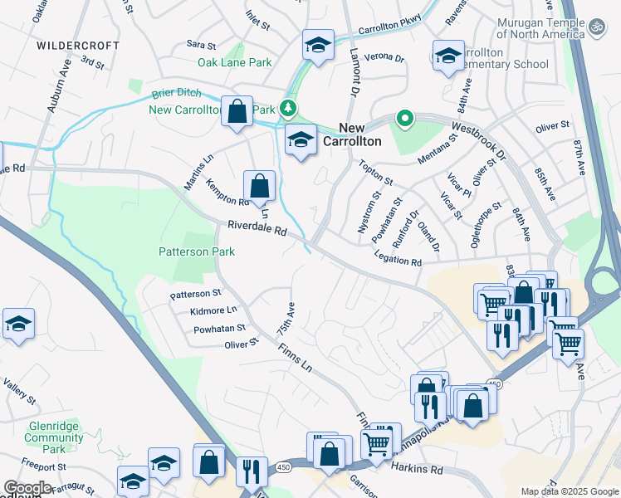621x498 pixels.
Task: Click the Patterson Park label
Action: coord(197,251)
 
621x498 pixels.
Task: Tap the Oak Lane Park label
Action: coord(235,62)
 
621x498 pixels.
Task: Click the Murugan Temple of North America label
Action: coord(540,29)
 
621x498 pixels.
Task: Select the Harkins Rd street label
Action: coord(417,469)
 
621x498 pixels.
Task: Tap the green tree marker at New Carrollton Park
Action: coord(288,108)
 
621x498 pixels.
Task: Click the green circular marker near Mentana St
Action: coord(405,119)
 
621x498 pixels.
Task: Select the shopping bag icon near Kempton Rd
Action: coord(259,185)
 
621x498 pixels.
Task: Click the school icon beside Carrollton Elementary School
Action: coord(448,56)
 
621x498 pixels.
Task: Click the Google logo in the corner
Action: coord(27,488)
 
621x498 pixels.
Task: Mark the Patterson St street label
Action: coord(195,293)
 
